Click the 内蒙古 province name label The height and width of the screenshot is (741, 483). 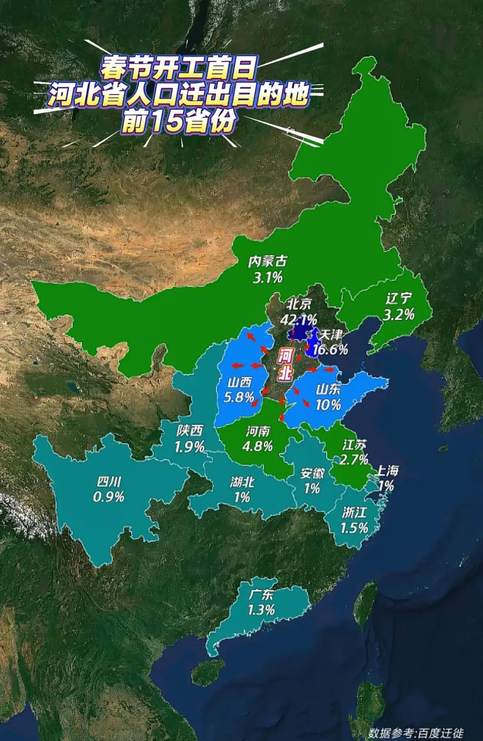[267, 262]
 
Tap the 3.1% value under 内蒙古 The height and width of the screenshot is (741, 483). [267, 277]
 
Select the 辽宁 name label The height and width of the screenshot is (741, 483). [399, 298]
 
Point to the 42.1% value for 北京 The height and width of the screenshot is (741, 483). [299, 319]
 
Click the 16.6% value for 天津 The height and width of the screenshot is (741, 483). [330, 349]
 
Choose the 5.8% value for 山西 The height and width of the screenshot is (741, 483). [239, 397]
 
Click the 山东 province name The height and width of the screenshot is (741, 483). [328, 390]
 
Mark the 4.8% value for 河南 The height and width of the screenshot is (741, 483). [258, 446]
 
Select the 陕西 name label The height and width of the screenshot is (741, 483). [189, 431]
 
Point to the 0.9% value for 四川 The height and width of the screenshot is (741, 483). [108, 497]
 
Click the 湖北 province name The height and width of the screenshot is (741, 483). [242, 482]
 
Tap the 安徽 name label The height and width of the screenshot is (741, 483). [312, 473]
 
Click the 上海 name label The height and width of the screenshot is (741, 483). [386, 470]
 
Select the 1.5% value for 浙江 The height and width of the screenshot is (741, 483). [354, 528]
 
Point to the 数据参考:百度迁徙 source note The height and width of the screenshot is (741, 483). [416, 733]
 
